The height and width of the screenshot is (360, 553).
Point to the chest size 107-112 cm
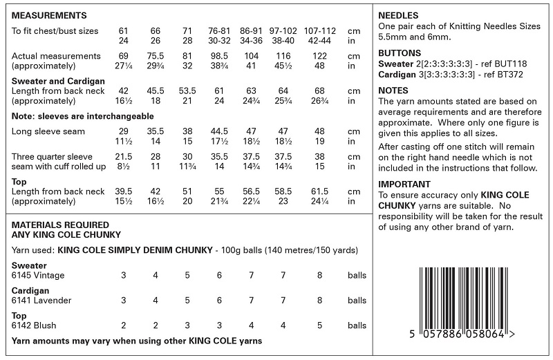point(319,31)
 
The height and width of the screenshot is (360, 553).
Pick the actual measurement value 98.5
point(220,55)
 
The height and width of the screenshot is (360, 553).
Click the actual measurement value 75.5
point(156,55)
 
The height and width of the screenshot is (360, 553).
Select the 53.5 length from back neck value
point(187,91)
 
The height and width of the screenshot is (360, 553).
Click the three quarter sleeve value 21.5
point(124,156)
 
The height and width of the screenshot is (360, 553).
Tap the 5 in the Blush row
point(319,325)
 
